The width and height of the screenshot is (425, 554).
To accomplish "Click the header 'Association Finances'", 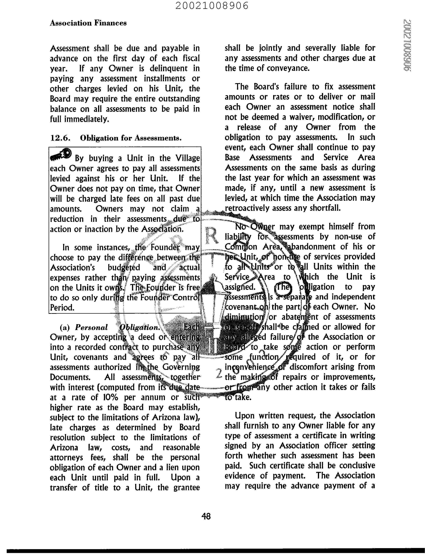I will (x=88, y=23).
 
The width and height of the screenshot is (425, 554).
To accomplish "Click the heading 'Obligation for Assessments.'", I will (x=131, y=138).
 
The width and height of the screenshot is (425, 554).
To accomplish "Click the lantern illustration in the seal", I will (x=212, y=312).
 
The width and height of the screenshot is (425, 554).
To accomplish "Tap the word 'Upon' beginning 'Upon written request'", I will (x=245, y=415).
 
